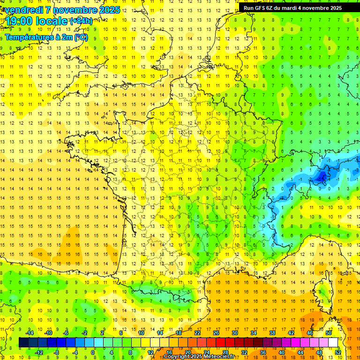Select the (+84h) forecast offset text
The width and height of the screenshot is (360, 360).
pyautogui.click(x=81, y=21)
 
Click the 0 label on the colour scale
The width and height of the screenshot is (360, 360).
pyautogui.click(x=93, y=352)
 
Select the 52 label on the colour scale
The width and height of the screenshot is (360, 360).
pyautogui.click(x=338, y=352)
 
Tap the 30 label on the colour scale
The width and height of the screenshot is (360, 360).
pyautogui.click(x=235, y=333)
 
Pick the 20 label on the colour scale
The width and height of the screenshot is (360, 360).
pyautogui.click(x=187, y=352)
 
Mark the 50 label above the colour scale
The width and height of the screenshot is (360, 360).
pyautogui.click(x=328, y=333)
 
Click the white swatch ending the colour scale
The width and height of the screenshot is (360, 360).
pyautogui.click(x=333, y=343)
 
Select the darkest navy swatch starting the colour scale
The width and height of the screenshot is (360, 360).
pyautogui.click(x=23, y=343)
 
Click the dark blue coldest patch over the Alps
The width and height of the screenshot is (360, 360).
pyautogui.click(x=322, y=177)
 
